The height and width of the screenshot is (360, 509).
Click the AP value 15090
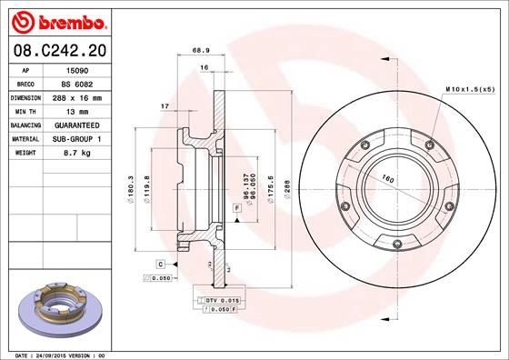[x=75, y=69]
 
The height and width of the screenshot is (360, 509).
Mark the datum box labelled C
[x=160, y=263]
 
